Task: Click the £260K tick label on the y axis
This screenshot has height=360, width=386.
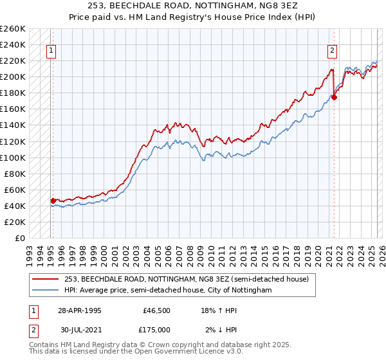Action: tap(13, 29)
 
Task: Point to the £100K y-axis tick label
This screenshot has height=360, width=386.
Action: tap(13, 157)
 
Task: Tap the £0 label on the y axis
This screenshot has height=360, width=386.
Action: tap(20, 239)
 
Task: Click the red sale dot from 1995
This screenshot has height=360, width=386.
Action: tap(53, 201)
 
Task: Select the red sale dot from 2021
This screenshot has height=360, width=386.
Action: tap(335, 98)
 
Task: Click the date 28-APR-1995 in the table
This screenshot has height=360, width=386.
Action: tap(79, 310)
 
